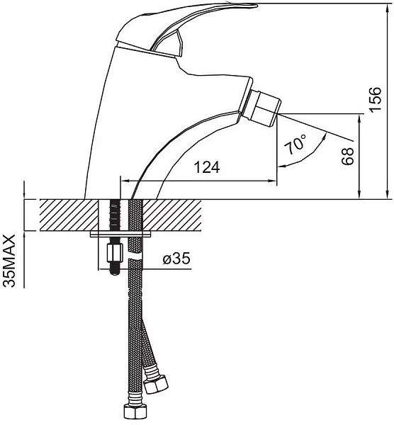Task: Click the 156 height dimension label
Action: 375,98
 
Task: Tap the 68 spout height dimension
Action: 348,156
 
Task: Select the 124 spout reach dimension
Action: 208,167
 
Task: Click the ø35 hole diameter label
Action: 176,259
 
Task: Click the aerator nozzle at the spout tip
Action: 264,108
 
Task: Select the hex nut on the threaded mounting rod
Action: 116,251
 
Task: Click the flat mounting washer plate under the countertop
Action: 120,234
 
